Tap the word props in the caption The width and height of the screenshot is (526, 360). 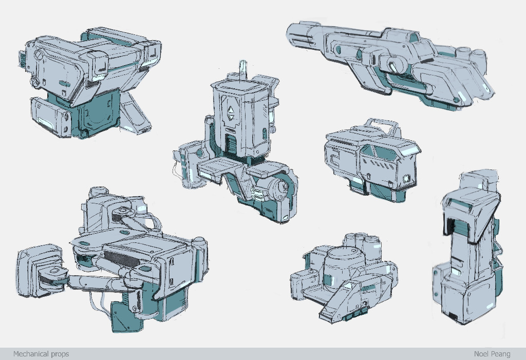tap(61, 354)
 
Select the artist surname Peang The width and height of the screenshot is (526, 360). tap(501, 354)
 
